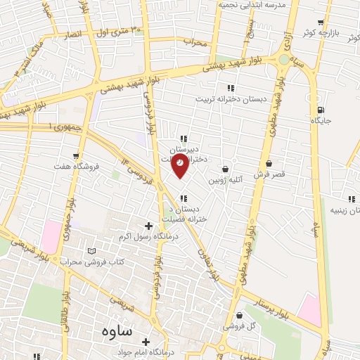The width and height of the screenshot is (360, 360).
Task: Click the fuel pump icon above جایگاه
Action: point(321,109)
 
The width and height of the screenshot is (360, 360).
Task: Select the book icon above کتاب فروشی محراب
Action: point(91,251)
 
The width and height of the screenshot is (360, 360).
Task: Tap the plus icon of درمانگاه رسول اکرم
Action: point(148,226)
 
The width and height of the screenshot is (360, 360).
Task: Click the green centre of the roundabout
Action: point(284,60)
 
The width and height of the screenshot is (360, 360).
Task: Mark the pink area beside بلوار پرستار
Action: point(310,310)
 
